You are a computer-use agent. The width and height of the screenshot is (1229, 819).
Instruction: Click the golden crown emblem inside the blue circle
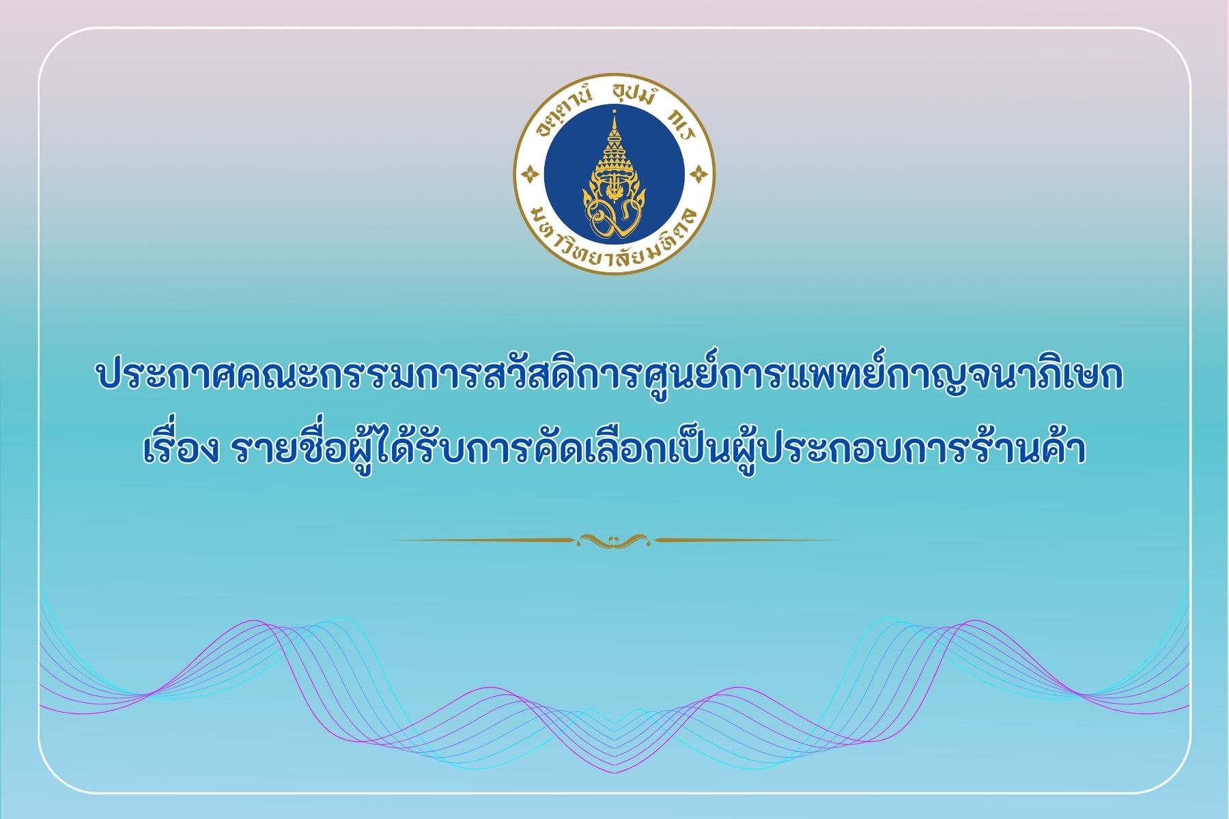(614, 175)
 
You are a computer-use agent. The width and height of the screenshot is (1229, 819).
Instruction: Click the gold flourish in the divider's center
(614, 541)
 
